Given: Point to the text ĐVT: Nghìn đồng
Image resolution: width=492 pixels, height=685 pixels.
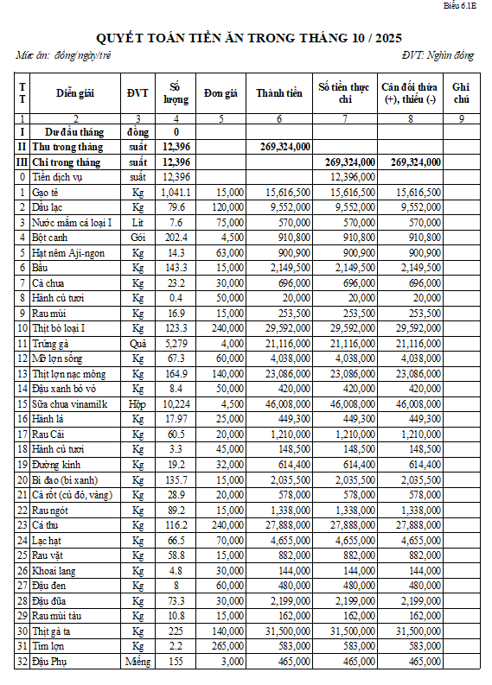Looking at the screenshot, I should (x=438, y=56).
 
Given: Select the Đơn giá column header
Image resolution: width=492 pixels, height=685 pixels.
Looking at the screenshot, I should (x=220, y=93).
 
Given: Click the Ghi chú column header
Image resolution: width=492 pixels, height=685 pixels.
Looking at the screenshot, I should (x=461, y=93).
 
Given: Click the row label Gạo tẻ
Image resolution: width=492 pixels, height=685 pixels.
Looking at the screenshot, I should (x=45, y=191).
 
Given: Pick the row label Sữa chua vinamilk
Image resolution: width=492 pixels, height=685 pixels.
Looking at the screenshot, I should (x=69, y=403).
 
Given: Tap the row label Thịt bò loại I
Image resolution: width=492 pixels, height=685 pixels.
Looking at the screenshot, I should (x=59, y=327).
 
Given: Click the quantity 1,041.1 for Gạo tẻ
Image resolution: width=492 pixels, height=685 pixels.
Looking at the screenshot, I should (x=176, y=191).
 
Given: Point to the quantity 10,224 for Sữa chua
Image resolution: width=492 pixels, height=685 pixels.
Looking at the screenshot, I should (x=176, y=403).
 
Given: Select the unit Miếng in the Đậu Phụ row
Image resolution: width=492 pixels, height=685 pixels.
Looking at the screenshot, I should (x=137, y=662).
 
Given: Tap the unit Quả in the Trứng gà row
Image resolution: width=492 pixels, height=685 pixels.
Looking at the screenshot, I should (x=137, y=343).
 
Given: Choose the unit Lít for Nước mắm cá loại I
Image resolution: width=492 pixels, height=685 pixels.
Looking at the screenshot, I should (x=137, y=221).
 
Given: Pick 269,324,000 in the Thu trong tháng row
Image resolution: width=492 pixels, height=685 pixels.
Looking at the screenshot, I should (x=285, y=147).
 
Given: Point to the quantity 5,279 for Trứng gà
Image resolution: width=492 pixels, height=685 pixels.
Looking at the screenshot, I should (x=176, y=343).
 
